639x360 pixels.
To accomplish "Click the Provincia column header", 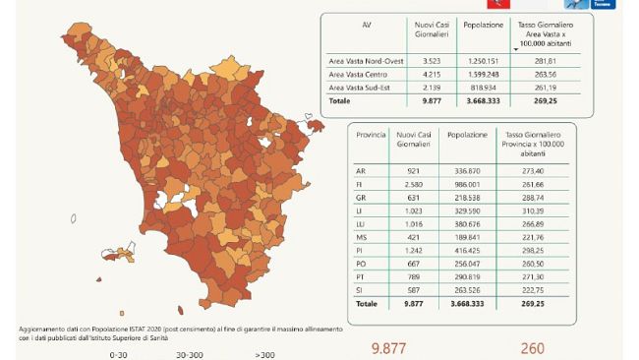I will pos(370,134).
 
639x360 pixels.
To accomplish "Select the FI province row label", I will pos(361,183).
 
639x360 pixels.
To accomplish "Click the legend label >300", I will pos(264,354).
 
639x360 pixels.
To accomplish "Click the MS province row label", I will pos(361,237).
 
